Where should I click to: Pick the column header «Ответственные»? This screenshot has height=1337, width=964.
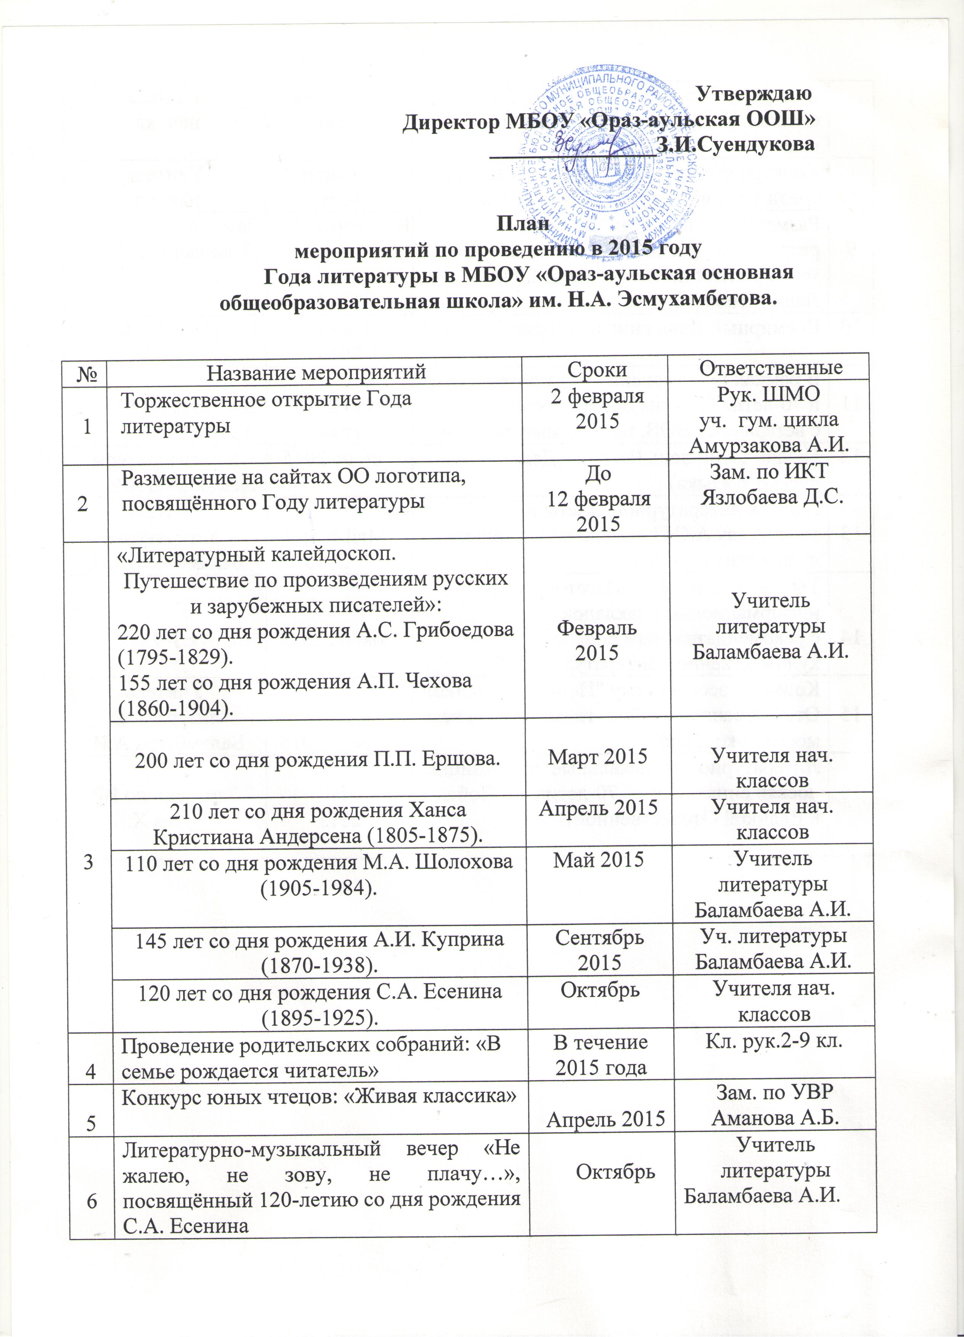tap(770, 368)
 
